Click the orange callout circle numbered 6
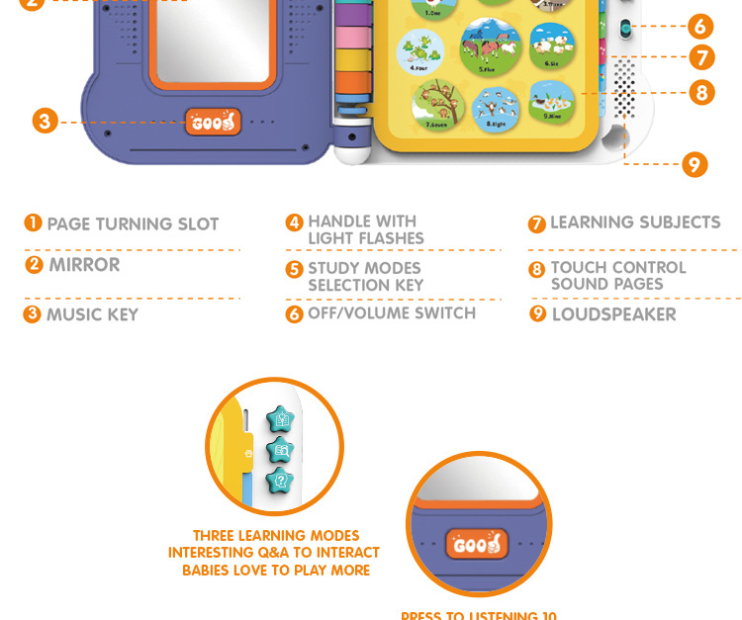tap(698, 27)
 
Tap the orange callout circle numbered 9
tap(696, 163)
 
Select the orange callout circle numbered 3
tap(45, 122)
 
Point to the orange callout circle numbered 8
tap(700, 93)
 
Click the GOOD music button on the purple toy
tap(212, 123)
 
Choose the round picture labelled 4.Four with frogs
tap(419, 48)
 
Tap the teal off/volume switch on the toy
tap(624, 28)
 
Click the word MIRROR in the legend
tap(85, 265)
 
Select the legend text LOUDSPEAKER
tap(613, 314)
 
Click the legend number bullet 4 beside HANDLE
tap(294, 222)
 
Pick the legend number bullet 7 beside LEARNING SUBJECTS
tap(537, 224)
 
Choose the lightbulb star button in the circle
tap(280, 419)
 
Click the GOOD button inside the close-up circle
tap(478, 543)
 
